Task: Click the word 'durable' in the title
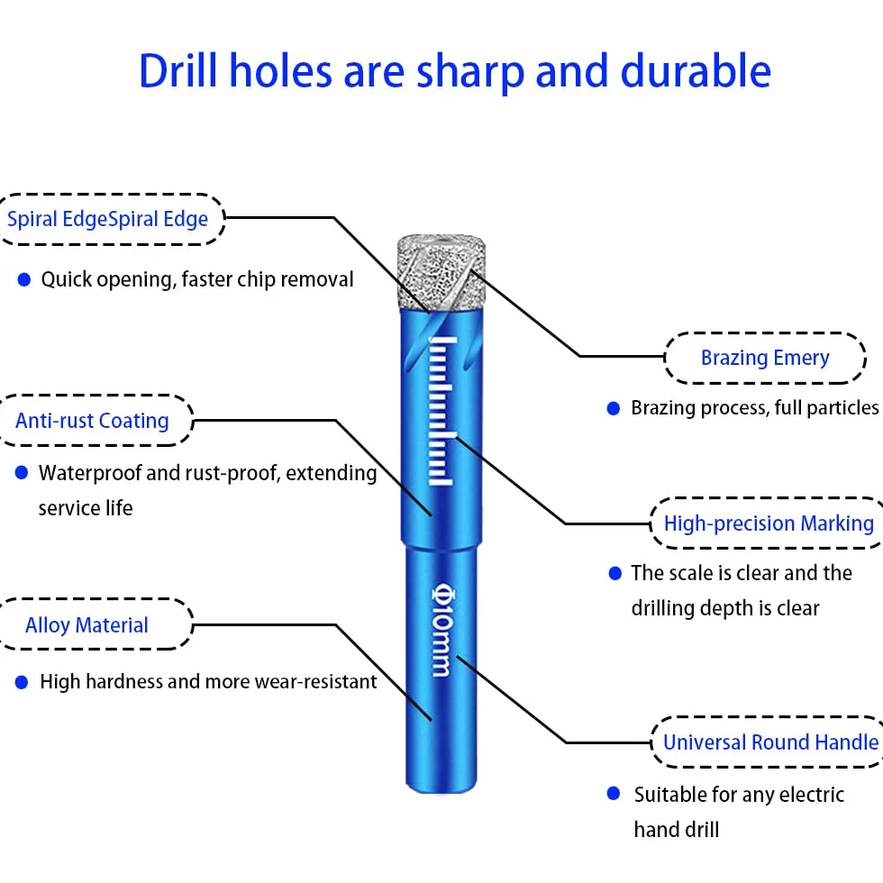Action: (x=696, y=71)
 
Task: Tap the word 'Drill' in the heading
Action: (x=178, y=71)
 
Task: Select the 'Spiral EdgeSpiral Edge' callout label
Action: (x=107, y=219)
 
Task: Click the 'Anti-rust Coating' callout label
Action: (x=92, y=421)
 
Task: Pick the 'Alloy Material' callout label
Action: (x=86, y=625)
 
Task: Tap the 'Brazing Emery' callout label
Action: (x=765, y=358)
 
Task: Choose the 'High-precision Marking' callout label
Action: (x=769, y=523)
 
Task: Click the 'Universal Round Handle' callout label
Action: (x=771, y=742)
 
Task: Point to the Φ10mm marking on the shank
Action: (x=442, y=630)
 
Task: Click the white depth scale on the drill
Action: (x=441, y=411)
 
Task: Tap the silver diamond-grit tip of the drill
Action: (x=441, y=272)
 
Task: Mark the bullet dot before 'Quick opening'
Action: (x=24, y=280)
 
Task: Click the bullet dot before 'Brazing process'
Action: (x=614, y=408)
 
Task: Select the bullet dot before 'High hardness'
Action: (x=22, y=683)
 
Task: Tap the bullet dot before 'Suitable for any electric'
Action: (x=614, y=794)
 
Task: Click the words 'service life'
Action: (x=86, y=508)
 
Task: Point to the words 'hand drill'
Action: (x=677, y=830)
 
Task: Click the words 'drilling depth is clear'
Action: (x=725, y=608)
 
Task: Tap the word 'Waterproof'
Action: (x=89, y=474)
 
